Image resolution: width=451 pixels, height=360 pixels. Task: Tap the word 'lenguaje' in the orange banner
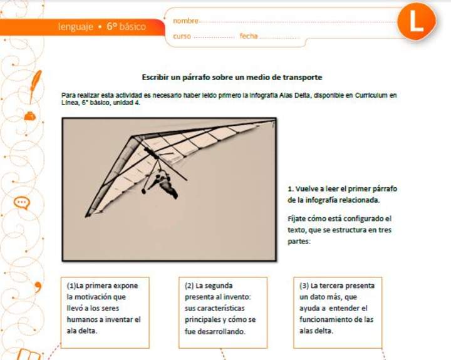76,27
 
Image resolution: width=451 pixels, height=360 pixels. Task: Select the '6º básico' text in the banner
126,27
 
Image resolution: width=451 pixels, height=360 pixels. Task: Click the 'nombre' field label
185,21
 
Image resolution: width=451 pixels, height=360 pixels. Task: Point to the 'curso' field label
182,36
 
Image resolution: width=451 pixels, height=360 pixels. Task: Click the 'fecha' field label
249,36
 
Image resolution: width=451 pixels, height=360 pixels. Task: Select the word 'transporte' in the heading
302,77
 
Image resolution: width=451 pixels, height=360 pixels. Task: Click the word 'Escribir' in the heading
157,77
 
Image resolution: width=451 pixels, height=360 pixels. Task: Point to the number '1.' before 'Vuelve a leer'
291,188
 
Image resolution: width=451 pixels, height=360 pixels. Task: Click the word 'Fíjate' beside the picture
298,219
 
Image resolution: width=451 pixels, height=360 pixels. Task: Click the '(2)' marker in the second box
189,285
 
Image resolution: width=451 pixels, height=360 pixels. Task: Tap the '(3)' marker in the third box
304,285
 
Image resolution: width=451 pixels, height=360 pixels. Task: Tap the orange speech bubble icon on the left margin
22,202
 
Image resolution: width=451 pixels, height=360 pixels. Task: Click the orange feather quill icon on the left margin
36,80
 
